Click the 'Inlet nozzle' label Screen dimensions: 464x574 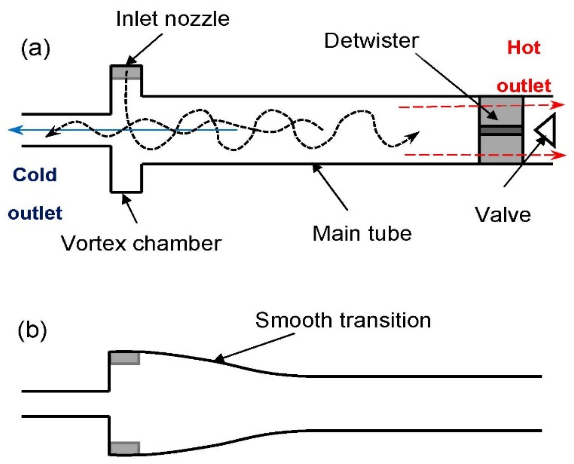tap(173, 19)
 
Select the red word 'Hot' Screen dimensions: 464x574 tap(524, 47)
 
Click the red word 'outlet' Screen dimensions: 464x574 tap(524, 86)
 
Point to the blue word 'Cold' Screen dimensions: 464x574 tap(35, 174)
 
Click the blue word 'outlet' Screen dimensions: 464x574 tap(35, 213)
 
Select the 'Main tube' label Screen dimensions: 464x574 tap(362, 234)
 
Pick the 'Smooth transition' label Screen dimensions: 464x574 tap(343, 320)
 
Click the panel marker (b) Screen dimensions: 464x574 tap(32, 330)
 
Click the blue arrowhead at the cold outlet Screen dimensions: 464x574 tap(15, 130)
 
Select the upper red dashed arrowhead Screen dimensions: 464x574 tap(558, 105)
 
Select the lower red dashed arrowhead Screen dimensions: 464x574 tap(559, 155)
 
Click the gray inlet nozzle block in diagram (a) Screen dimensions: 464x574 tap(126, 73)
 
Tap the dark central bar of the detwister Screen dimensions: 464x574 tap(501, 130)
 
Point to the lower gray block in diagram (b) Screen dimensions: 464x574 tap(125, 448)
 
